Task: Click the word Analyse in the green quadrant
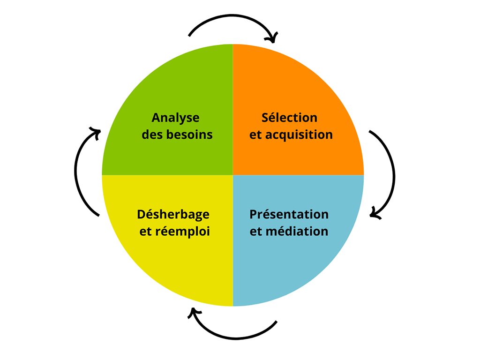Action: point(175,118)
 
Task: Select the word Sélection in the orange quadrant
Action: point(289,118)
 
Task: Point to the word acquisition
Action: point(299,135)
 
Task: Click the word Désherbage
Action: point(173,214)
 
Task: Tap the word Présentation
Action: point(289,214)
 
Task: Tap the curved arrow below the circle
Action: point(234,336)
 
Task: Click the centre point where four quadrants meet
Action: point(233,175)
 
